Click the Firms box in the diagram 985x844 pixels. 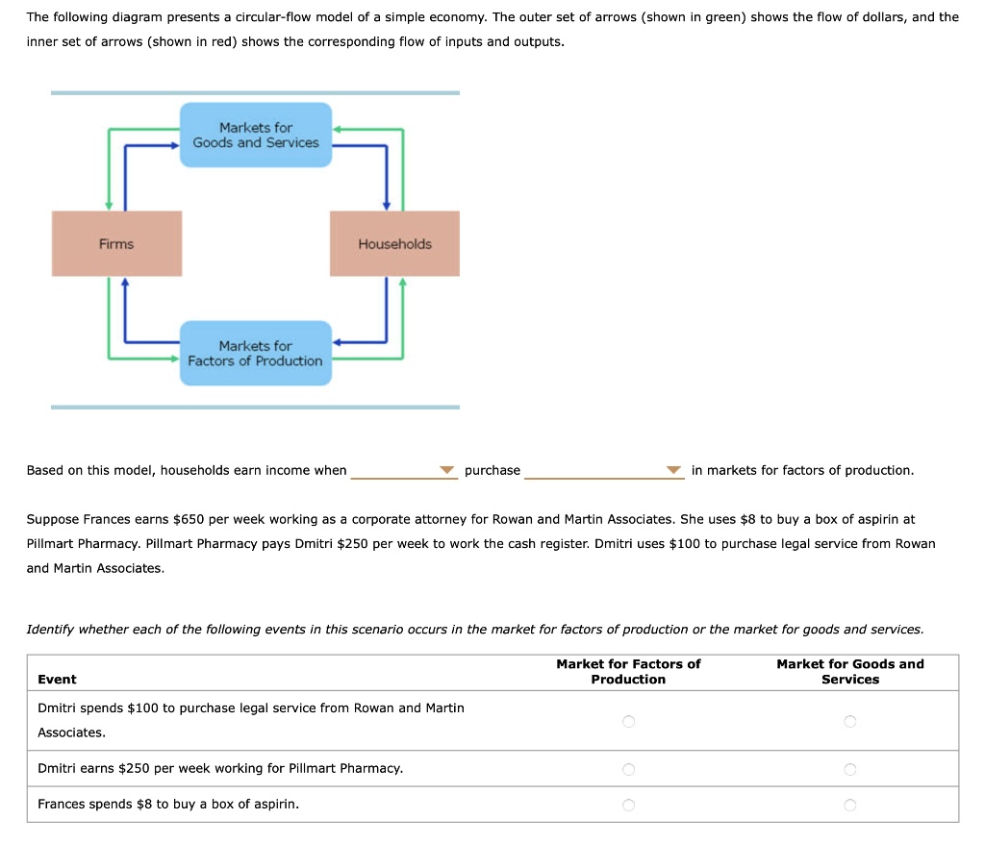pos(116,244)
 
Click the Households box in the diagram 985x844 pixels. pos(394,244)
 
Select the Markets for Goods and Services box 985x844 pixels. pos(256,136)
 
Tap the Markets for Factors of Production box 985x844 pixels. pos(256,354)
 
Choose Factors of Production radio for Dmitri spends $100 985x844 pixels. pos(628,721)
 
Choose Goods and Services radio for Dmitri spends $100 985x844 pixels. pos(849,721)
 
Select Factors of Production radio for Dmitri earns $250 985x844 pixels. pos(628,769)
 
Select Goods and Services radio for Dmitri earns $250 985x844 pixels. pos(849,769)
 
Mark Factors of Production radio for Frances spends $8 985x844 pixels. pos(628,805)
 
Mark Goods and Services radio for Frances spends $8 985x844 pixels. pos(849,805)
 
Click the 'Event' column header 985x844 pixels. pos(57,680)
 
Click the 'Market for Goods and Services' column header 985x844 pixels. pos(849,672)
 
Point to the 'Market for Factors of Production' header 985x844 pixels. pos(628,672)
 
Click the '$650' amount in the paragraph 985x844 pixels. pos(189,519)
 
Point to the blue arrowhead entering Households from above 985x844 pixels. pos(387,205)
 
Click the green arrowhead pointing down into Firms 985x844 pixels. pos(109,205)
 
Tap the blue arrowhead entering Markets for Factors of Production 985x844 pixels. pos(338,341)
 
